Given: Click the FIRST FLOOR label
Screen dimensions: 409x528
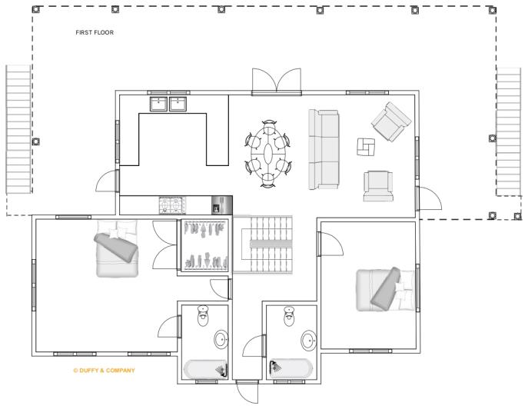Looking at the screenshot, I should pyautogui.click(x=94, y=33).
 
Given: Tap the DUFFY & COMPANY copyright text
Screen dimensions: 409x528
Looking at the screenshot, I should pyautogui.click(x=103, y=370).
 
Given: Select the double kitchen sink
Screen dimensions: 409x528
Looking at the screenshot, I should pyautogui.click(x=168, y=104).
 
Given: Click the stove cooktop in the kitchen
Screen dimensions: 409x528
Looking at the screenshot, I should pyautogui.click(x=170, y=205).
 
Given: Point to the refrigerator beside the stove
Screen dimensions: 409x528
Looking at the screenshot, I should pyautogui.click(x=221, y=205).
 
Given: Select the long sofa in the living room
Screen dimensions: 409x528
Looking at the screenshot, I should pyautogui.click(x=324, y=149).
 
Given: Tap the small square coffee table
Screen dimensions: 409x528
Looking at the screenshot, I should pyautogui.click(x=367, y=146).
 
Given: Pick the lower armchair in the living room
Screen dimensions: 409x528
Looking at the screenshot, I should pyautogui.click(x=377, y=185).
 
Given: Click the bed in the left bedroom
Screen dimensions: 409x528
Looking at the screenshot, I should pyautogui.click(x=117, y=250).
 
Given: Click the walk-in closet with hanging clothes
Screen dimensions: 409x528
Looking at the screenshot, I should pyautogui.click(x=204, y=247).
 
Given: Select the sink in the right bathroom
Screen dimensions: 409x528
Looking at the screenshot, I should pyautogui.click(x=309, y=340).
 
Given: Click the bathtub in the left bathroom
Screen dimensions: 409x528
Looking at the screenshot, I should pyautogui.click(x=205, y=369).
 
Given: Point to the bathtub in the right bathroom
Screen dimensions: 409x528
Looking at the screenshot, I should pyautogui.click(x=291, y=368).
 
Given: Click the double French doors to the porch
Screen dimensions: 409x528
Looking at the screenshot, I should pyautogui.click(x=277, y=81).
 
